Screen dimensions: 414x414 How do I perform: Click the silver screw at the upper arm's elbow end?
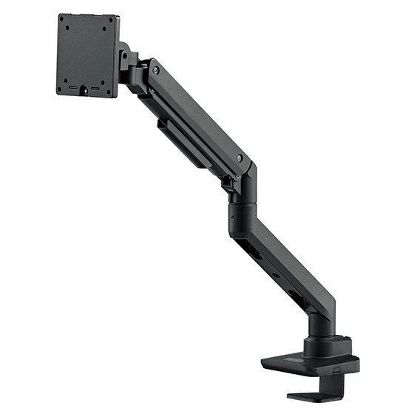239,158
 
